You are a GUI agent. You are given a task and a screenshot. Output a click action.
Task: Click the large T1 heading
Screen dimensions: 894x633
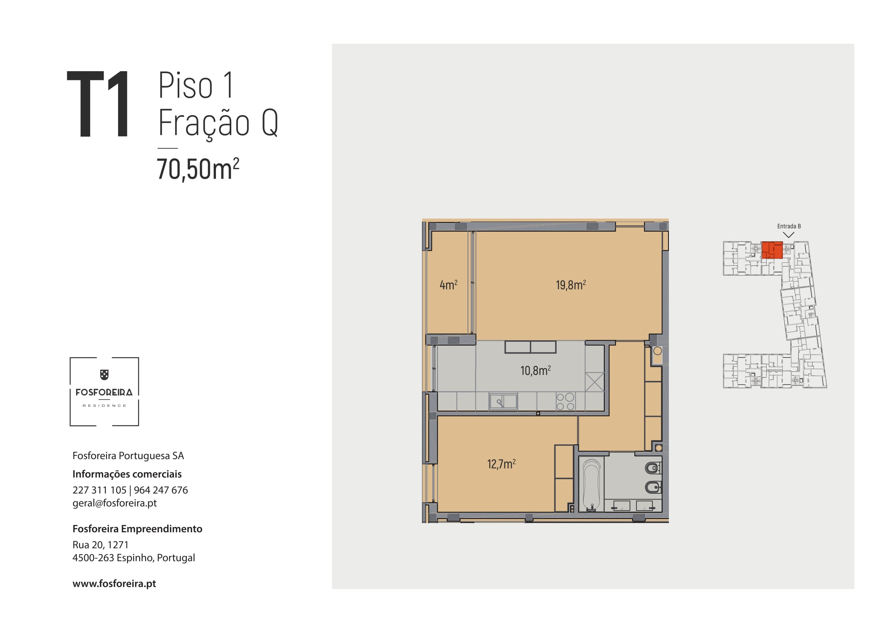click(98, 104)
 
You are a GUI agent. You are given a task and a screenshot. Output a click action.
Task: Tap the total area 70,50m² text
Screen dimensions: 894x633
click(198, 169)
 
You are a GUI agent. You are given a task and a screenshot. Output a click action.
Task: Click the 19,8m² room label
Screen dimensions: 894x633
click(571, 285)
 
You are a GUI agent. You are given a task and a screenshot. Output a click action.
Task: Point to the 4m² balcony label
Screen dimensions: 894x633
click(449, 285)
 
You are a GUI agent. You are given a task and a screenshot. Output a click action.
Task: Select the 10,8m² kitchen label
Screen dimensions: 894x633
click(536, 370)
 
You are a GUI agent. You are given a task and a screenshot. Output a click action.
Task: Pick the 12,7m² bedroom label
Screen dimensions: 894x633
click(501, 464)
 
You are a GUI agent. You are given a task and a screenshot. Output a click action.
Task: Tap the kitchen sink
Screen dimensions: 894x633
click(503, 401)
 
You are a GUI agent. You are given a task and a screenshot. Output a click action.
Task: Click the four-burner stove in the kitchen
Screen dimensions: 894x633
click(565, 401)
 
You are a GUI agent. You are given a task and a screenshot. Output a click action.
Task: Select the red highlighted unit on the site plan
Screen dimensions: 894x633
click(772, 250)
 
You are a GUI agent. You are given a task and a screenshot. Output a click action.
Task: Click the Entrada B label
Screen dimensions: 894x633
click(789, 226)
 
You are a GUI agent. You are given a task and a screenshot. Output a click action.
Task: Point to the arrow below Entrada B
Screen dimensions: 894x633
click(789, 235)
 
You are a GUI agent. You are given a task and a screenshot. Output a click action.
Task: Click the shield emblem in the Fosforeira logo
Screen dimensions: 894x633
click(104, 375)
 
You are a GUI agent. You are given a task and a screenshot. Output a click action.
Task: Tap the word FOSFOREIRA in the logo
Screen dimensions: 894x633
click(104, 393)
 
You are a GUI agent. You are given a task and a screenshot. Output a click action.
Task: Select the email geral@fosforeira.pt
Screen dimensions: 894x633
click(115, 503)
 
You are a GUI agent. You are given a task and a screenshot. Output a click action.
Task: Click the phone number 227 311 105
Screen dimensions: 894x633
click(99, 490)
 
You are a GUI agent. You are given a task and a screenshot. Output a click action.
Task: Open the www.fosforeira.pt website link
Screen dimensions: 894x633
click(114, 584)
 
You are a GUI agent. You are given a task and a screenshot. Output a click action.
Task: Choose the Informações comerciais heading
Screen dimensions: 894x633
click(127, 474)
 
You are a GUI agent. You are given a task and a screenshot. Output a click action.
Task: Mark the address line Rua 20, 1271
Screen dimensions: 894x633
click(101, 545)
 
